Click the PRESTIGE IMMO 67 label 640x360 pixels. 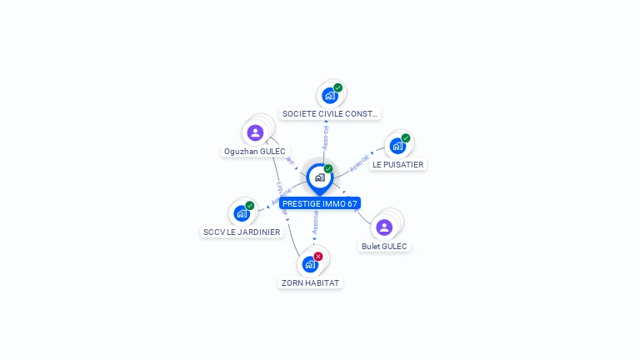(320, 203)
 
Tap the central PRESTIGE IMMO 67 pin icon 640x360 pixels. (319, 177)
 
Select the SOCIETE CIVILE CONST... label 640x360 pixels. (330, 113)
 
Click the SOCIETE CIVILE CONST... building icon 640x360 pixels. (330, 96)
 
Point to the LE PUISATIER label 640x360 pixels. (398, 165)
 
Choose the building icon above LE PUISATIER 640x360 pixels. (397, 147)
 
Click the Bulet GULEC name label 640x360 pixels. (385, 246)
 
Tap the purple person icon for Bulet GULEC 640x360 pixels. (384, 227)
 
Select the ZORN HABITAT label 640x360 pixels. (310, 282)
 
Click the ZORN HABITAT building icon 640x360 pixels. (310, 265)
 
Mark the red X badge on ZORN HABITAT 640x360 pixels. (318, 257)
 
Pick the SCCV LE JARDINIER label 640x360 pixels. (242, 232)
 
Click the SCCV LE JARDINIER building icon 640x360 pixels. (242, 213)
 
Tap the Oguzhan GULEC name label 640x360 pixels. (255, 151)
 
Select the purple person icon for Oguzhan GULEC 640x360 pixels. (256, 132)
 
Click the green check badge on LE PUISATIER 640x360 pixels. (406, 138)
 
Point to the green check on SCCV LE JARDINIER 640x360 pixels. (250, 205)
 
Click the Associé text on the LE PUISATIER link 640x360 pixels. (359, 162)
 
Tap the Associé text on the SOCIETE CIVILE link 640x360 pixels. (326, 137)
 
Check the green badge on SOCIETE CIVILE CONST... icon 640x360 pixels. (338, 87)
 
